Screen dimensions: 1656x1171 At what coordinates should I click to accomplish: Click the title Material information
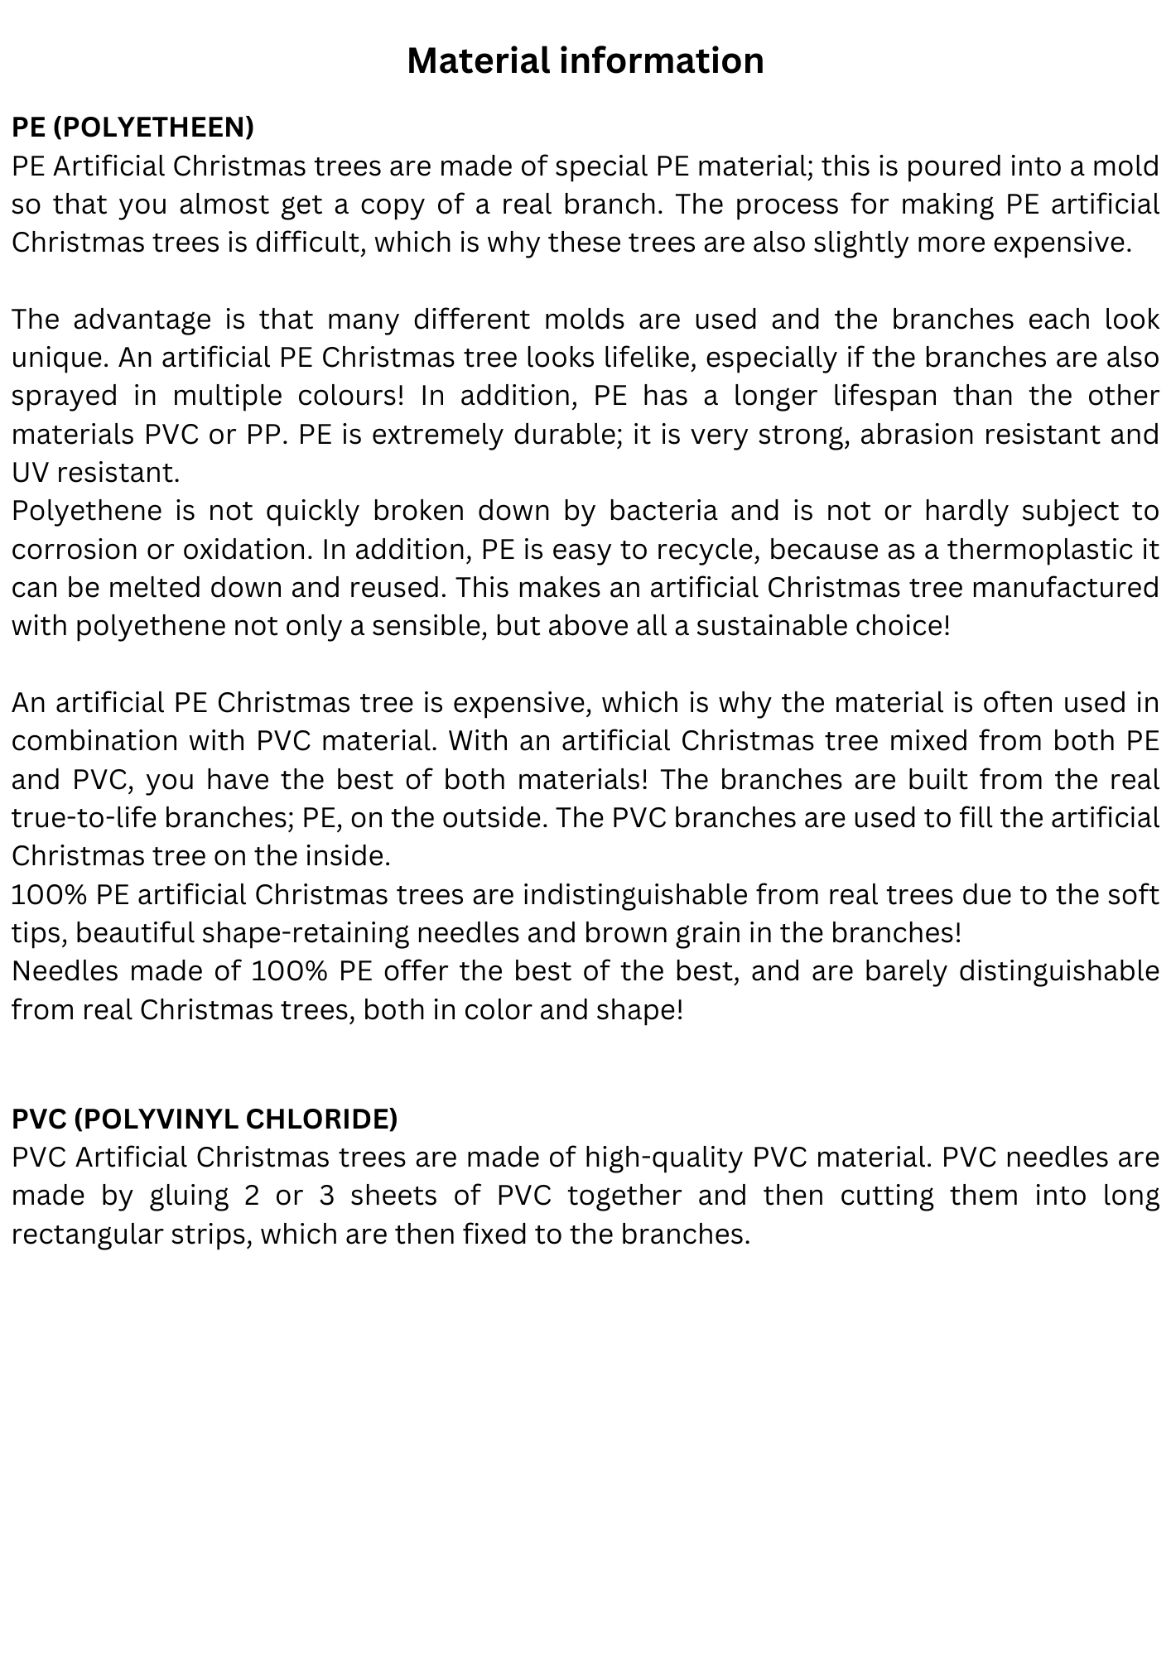tap(585, 60)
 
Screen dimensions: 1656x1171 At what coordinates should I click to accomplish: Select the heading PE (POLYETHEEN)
tap(133, 127)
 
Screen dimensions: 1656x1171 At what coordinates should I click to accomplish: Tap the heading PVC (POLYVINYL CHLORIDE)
tap(205, 1119)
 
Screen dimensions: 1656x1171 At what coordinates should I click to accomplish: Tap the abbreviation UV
tap(30, 473)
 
